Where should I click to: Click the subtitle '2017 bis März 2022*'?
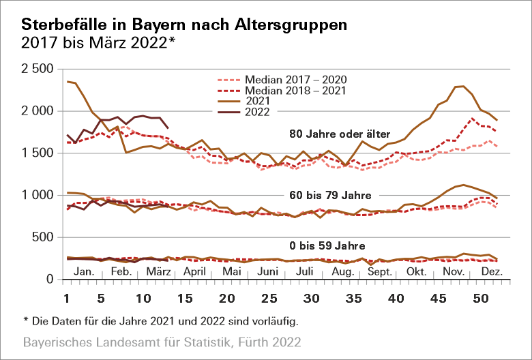point(99,42)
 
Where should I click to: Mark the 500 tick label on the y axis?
point(43,237)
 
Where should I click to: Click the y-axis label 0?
point(50,279)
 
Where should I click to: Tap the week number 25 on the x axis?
point(270,299)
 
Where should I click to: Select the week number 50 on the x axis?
point(480,299)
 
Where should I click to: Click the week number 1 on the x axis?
point(67,299)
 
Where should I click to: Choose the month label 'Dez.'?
point(492,271)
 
